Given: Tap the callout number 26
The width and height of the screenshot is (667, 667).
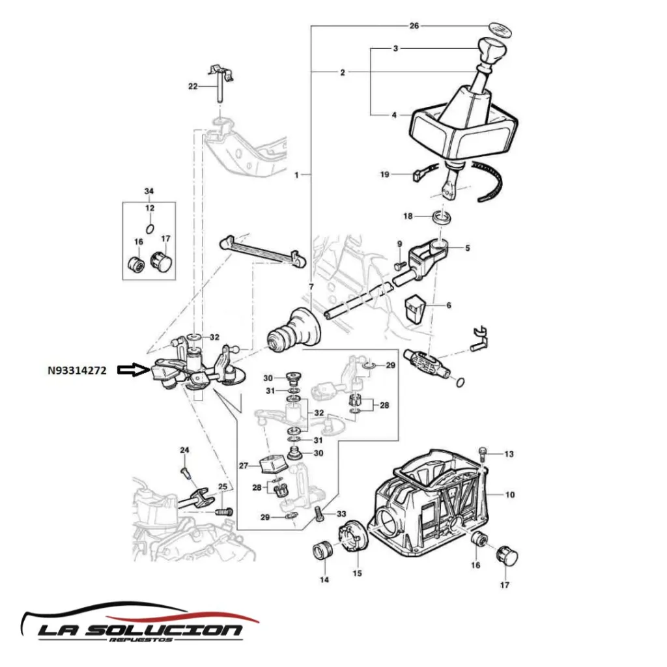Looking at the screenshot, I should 414,26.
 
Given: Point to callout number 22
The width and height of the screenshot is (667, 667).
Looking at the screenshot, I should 192,87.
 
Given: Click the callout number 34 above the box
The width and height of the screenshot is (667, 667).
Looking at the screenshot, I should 149,191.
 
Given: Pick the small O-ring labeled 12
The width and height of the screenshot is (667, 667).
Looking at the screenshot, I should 150,228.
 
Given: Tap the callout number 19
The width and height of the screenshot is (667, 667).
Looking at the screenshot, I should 384,175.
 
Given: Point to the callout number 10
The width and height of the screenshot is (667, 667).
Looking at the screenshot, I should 509,495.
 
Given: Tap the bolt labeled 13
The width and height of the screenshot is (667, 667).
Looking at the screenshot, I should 483,451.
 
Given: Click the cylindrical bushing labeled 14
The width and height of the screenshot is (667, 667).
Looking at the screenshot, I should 322,550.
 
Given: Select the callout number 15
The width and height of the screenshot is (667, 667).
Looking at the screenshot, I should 357,573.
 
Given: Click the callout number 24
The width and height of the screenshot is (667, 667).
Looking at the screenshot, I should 184,450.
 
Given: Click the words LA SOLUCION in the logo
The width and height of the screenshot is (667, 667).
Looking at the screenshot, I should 139,630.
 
